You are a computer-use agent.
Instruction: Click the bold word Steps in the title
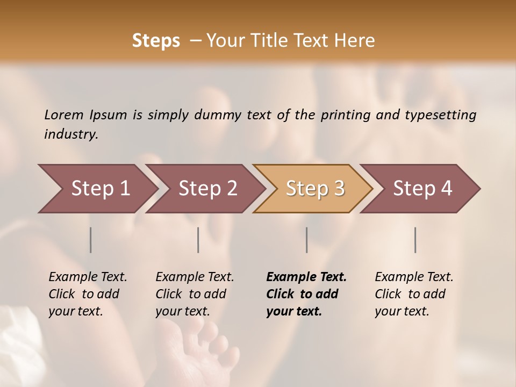(x=156, y=40)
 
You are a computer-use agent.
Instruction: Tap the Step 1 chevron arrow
(x=101, y=188)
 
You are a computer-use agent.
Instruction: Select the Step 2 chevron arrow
(x=207, y=188)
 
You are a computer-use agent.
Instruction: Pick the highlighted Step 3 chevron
(x=315, y=188)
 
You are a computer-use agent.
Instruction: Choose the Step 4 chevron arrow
(x=422, y=188)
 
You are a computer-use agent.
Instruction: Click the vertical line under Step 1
(x=91, y=240)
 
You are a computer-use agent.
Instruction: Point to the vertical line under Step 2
(x=198, y=240)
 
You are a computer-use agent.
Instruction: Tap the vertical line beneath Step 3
(x=307, y=240)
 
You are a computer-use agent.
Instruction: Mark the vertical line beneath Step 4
(x=415, y=240)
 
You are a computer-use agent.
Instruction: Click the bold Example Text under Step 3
(x=306, y=277)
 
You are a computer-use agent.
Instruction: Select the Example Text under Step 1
(x=88, y=277)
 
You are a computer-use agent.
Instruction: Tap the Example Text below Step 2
(x=195, y=277)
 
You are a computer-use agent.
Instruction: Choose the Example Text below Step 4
(x=414, y=277)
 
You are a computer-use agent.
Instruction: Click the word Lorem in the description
(x=64, y=115)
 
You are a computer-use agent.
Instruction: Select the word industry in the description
(x=70, y=134)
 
